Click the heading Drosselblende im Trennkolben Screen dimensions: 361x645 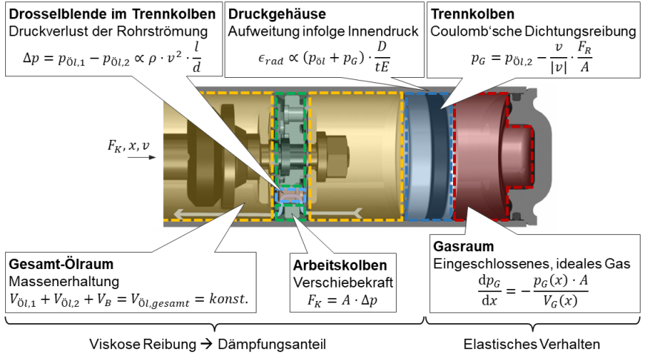[x=111, y=14]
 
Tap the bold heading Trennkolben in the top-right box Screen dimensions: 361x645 [x=473, y=14]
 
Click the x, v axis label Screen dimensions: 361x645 [x=139, y=146]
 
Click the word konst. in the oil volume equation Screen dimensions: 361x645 [x=225, y=299]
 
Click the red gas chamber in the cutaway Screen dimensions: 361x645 [x=489, y=159]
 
